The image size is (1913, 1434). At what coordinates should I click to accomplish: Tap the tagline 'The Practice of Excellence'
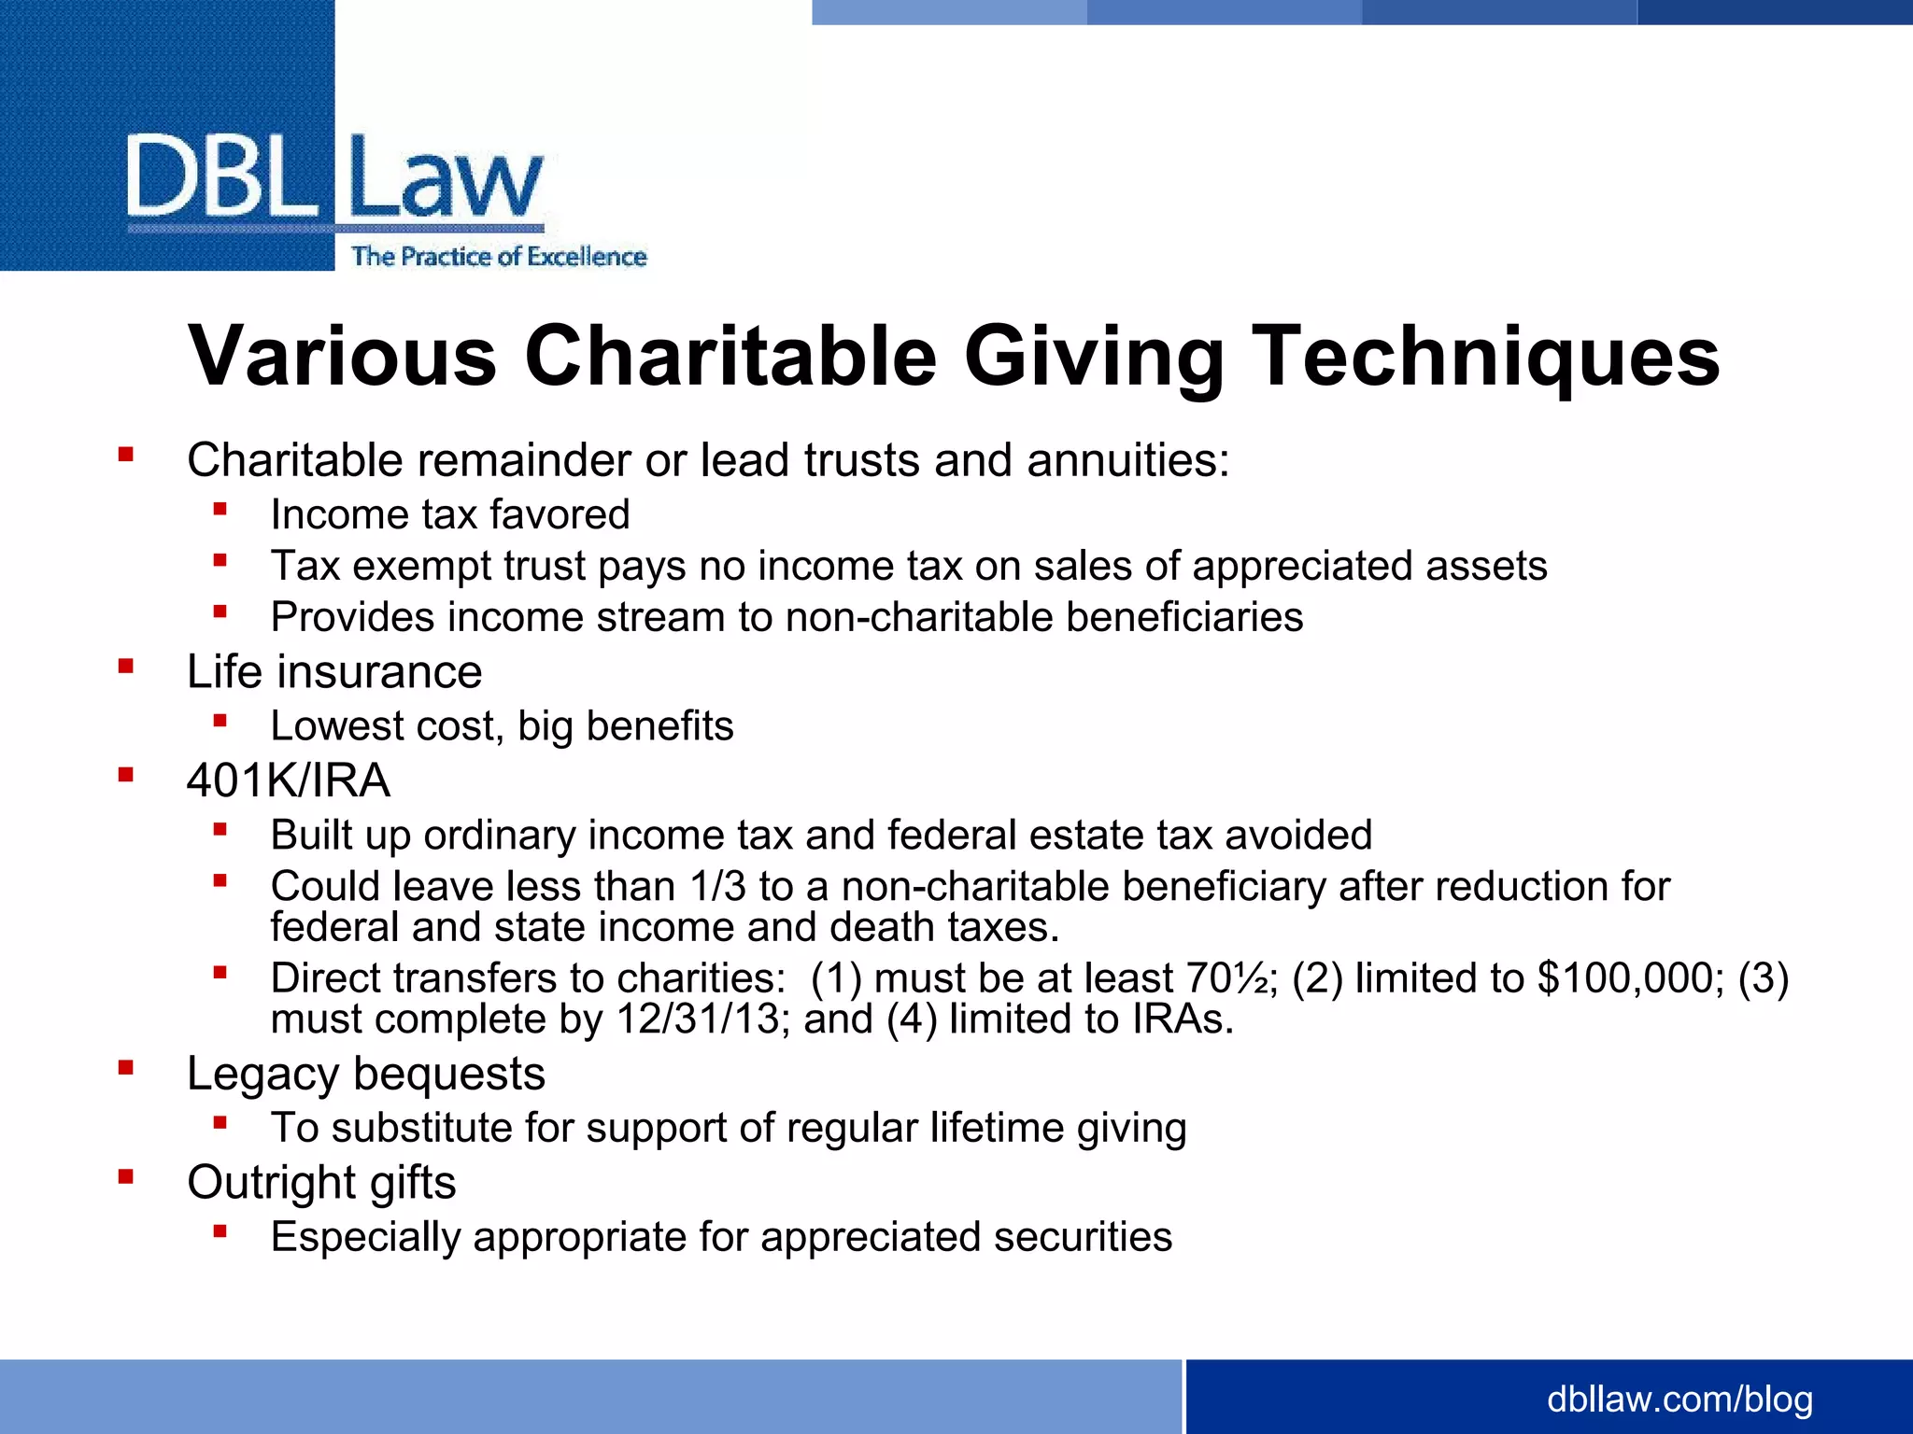pyautogui.click(x=499, y=257)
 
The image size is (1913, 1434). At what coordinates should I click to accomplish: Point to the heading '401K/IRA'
pyautogui.click(x=288, y=780)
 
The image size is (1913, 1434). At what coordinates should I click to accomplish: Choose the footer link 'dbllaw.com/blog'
pyautogui.click(x=1679, y=1399)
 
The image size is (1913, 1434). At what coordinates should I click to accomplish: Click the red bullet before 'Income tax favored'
pyautogui.click(x=220, y=509)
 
